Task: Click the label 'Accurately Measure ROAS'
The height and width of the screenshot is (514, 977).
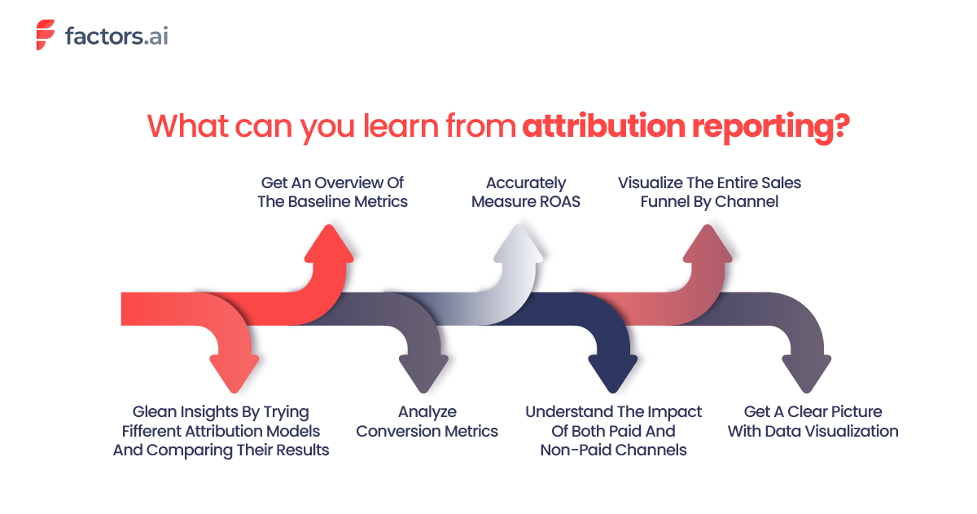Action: (x=526, y=191)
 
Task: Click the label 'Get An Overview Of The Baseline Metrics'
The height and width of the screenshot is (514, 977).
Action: (x=332, y=191)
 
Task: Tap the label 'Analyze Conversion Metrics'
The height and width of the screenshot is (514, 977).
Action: (x=427, y=421)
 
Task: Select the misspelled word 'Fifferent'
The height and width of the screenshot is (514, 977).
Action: (x=157, y=430)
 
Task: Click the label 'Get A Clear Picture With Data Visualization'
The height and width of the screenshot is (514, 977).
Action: (x=813, y=421)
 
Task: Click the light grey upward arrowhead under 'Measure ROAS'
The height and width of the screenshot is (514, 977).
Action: (x=519, y=244)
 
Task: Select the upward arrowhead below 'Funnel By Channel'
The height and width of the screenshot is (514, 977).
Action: (x=710, y=244)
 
